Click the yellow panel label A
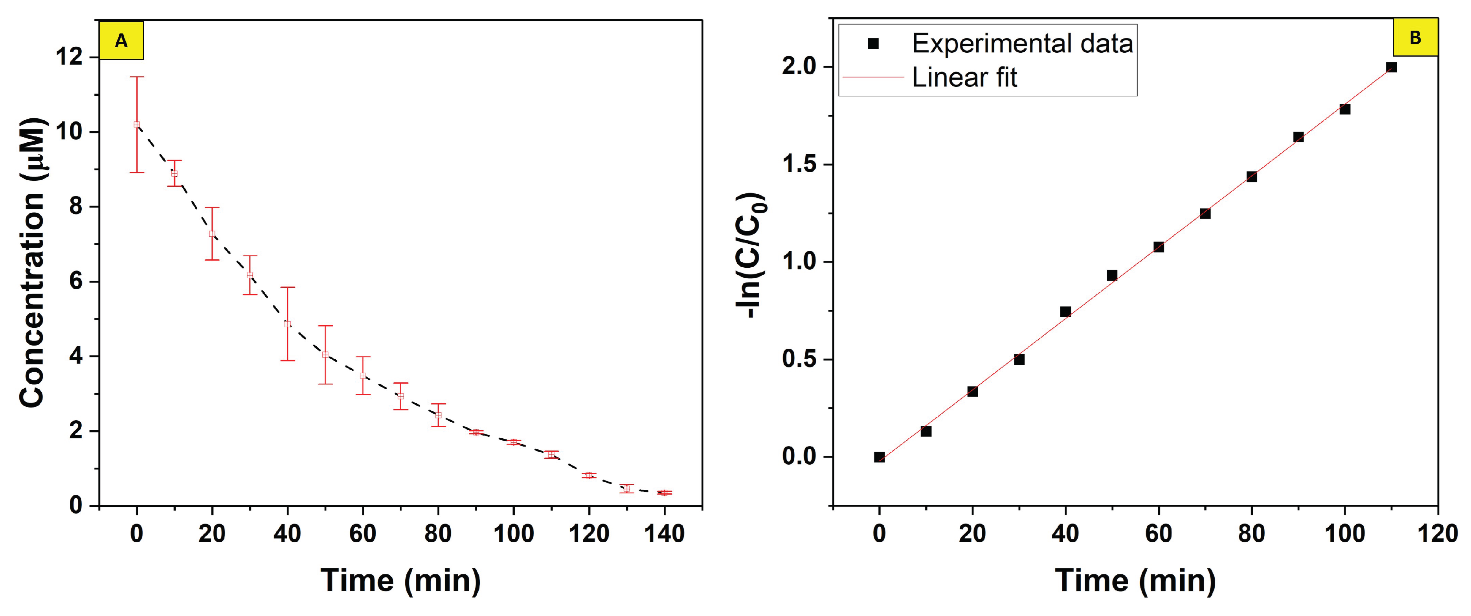coord(121,40)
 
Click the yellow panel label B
coord(1415,37)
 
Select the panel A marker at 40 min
coord(287,324)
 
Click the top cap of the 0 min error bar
coord(136,77)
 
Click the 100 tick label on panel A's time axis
coord(513,534)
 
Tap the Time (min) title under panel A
coord(400,581)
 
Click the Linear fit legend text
coord(964,77)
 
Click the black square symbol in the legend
coord(872,43)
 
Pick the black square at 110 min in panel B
coord(1391,68)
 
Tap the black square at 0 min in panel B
coord(880,456)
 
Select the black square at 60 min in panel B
coord(1159,247)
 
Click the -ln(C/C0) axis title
coord(752,256)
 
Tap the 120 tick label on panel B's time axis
coord(1437,534)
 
